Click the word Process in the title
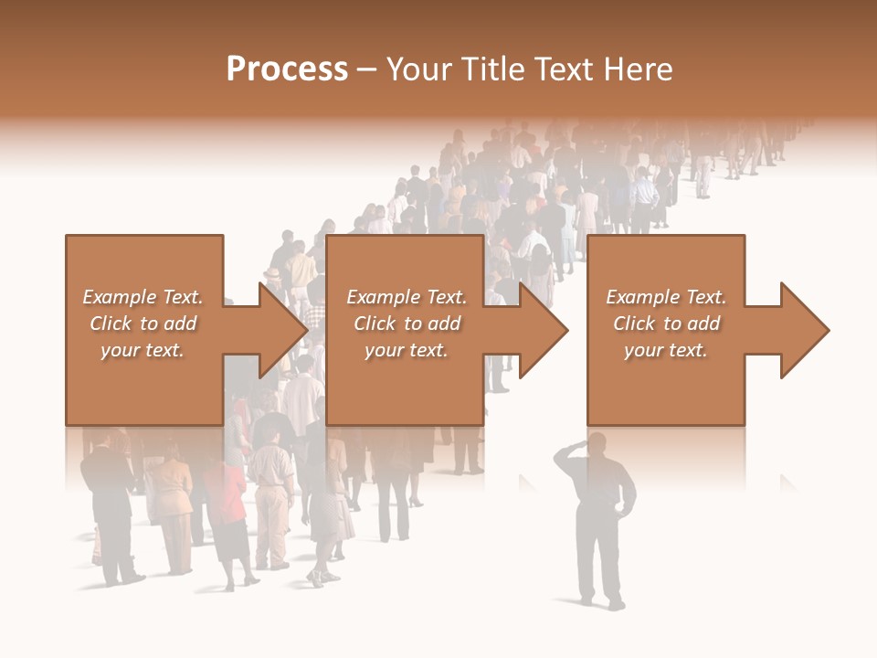[287, 69]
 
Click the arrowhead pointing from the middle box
[543, 330]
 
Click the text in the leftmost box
[143, 324]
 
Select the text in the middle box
[407, 324]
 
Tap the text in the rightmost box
[666, 324]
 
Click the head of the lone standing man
[596, 445]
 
